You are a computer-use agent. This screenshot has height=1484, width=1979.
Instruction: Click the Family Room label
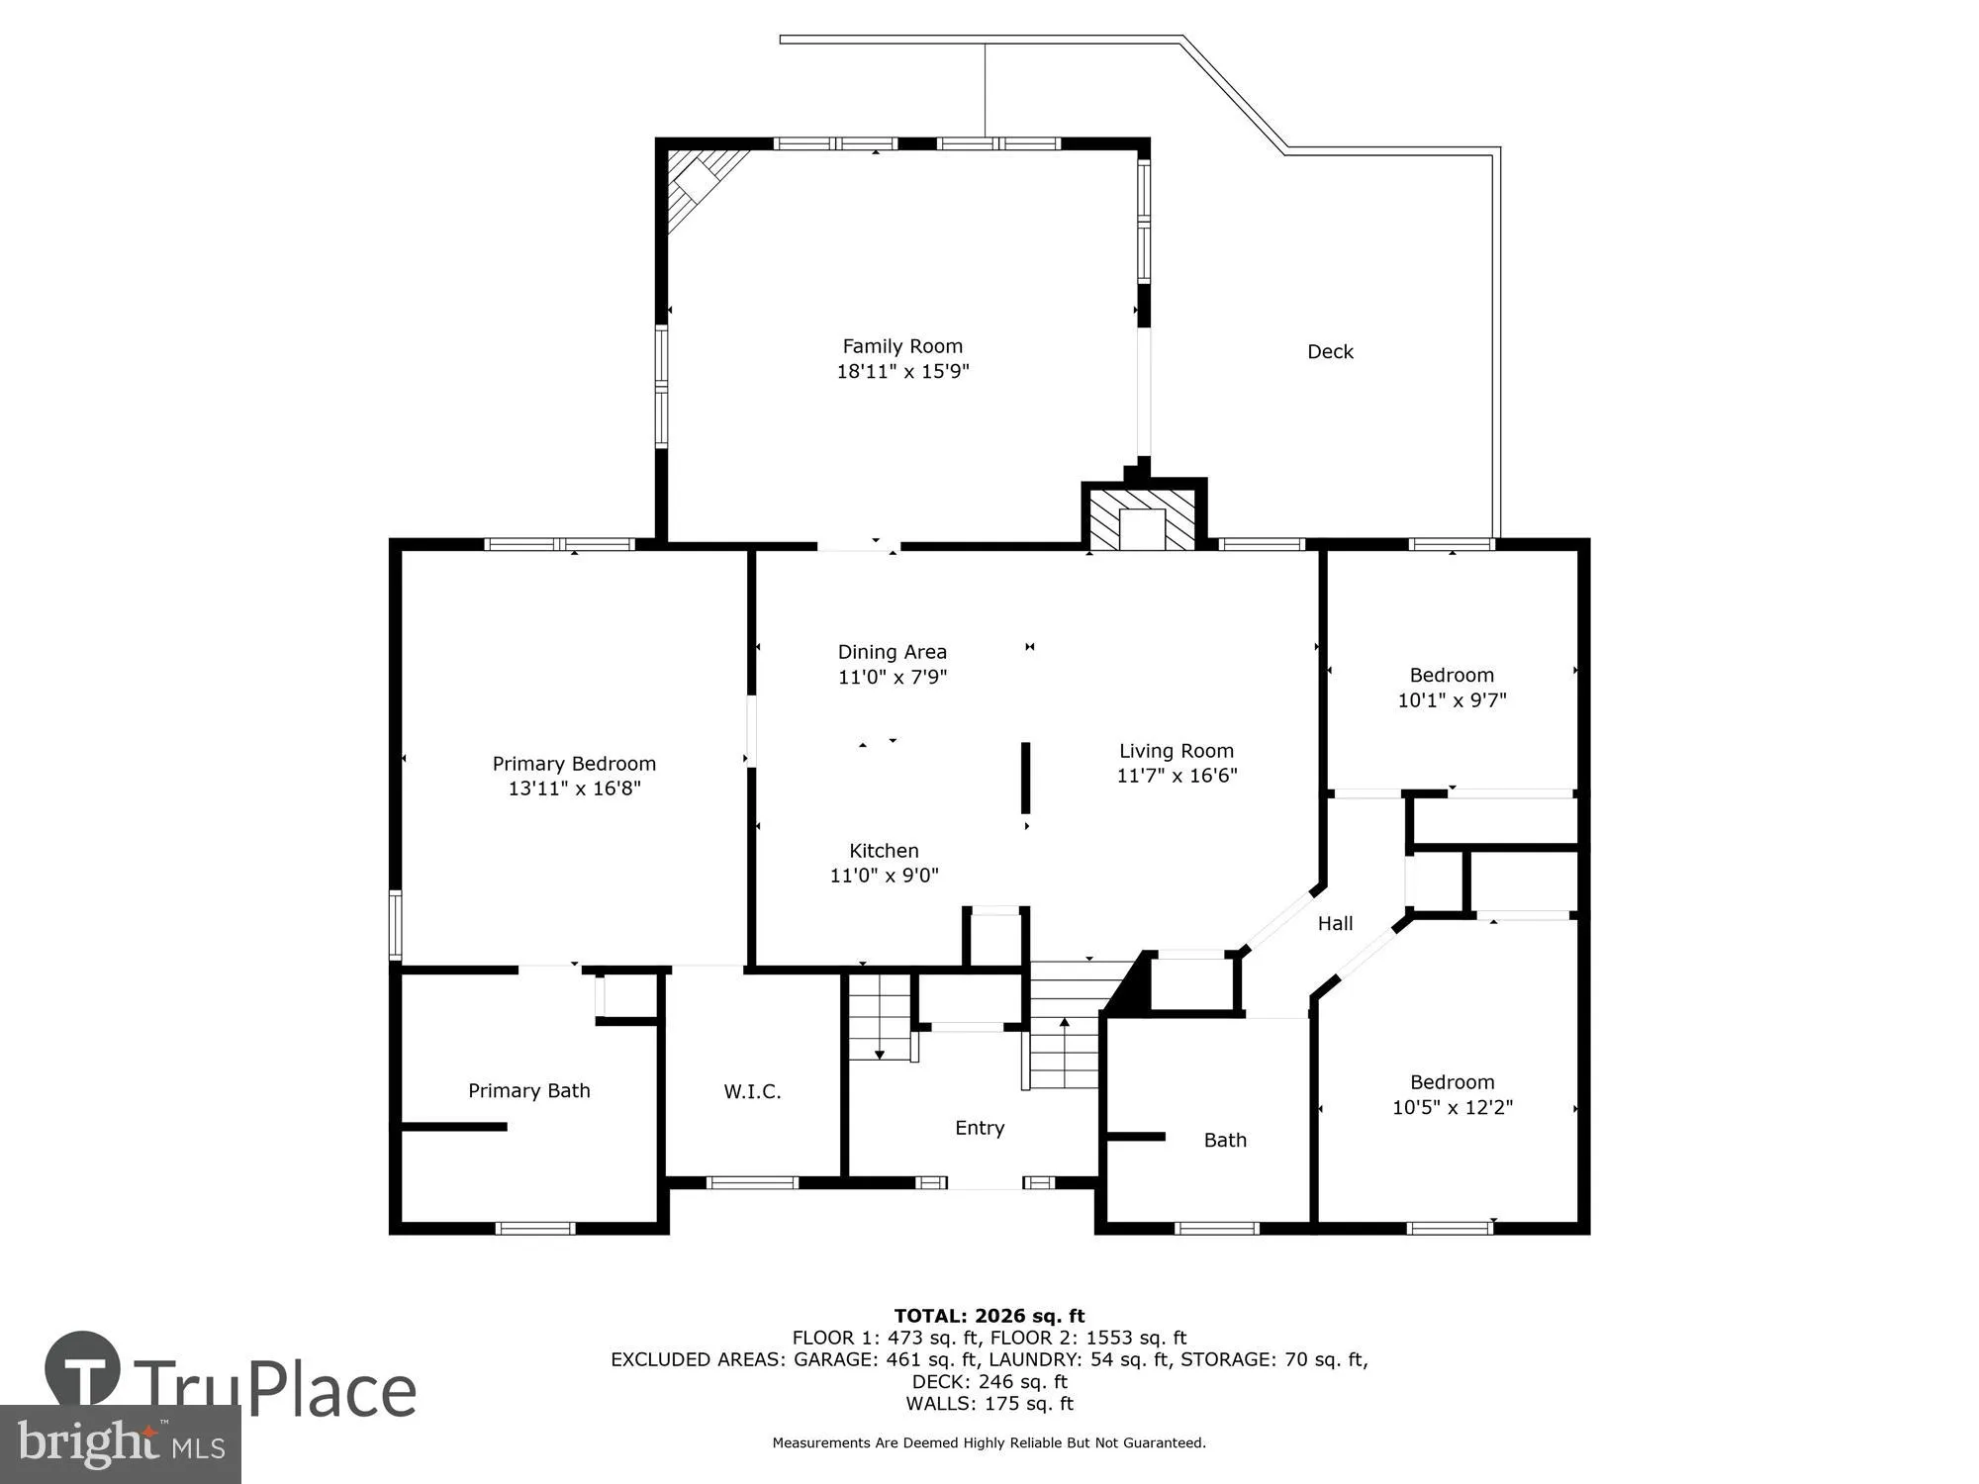click(x=901, y=346)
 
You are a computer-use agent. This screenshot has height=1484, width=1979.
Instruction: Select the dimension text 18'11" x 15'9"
click(x=901, y=372)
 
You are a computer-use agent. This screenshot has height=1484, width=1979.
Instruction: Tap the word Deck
click(x=1330, y=351)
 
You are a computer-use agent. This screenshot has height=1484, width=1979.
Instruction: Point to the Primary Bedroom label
click(x=574, y=764)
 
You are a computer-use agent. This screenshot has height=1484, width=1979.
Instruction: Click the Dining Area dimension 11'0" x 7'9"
click(x=893, y=678)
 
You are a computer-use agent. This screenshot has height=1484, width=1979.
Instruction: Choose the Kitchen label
click(x=884, y=851)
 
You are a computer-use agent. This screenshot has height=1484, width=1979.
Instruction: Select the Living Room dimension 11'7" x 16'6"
click(x=1177, y=777)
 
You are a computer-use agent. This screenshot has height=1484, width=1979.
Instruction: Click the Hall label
click(x=1335, y=923)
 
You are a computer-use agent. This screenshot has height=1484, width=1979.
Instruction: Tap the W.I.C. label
click(x=752, y=1091)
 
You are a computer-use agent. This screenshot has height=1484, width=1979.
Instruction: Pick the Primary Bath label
click(x=528, y=1090)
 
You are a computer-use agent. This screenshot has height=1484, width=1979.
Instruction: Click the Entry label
click(x=979, y=1128)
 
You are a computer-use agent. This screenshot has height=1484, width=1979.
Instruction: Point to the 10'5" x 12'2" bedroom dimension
click(x=1452, y=1108)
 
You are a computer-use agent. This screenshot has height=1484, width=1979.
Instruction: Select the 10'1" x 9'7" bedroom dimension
click(x=1452, y=700)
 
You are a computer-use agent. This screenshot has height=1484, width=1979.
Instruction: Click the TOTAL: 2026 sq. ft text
click(x=989, y=1316)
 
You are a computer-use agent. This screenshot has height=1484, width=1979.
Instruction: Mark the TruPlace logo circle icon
click(x=83, y=1368)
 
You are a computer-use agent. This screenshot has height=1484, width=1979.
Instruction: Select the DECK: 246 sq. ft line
click(x=989, y=1381)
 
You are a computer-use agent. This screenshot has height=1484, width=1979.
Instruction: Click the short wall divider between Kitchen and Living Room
click(x=1025, y=778)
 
